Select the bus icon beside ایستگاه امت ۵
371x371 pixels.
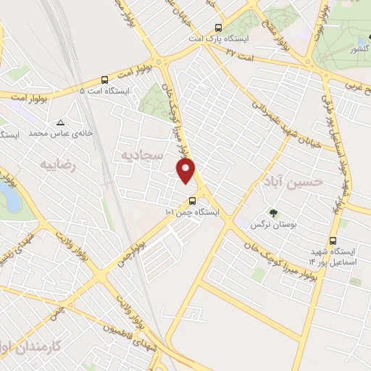[x=106, y=80]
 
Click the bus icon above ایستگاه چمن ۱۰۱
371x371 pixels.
[x=192, y=201]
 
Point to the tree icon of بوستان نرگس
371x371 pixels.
[x=273, y=213]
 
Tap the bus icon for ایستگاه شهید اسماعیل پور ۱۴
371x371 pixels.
[x=333, y=242]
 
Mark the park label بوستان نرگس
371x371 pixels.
[x=266, y=225]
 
